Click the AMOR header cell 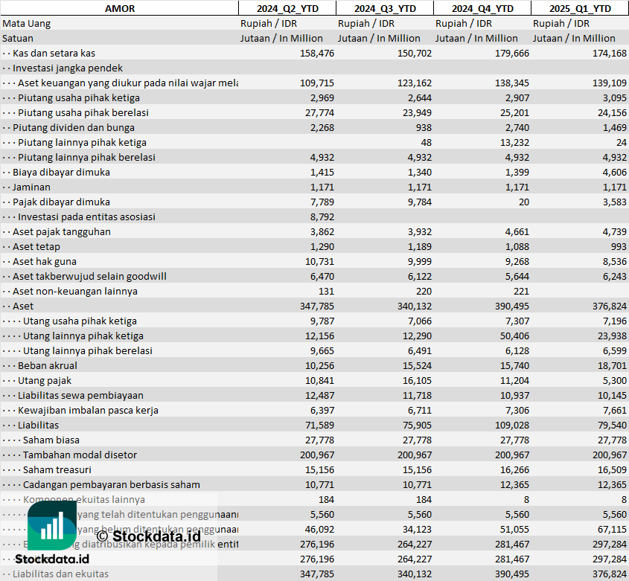click(120, 8)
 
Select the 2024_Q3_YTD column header click(384, 8)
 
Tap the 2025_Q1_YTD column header click(580, 8)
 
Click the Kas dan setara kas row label click(54, 53)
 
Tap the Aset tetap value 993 click(617, 246)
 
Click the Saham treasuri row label click(57, 469)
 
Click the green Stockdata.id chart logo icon click(52, 526)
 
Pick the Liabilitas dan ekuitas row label click(60, 574)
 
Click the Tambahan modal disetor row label click(80, 455)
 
